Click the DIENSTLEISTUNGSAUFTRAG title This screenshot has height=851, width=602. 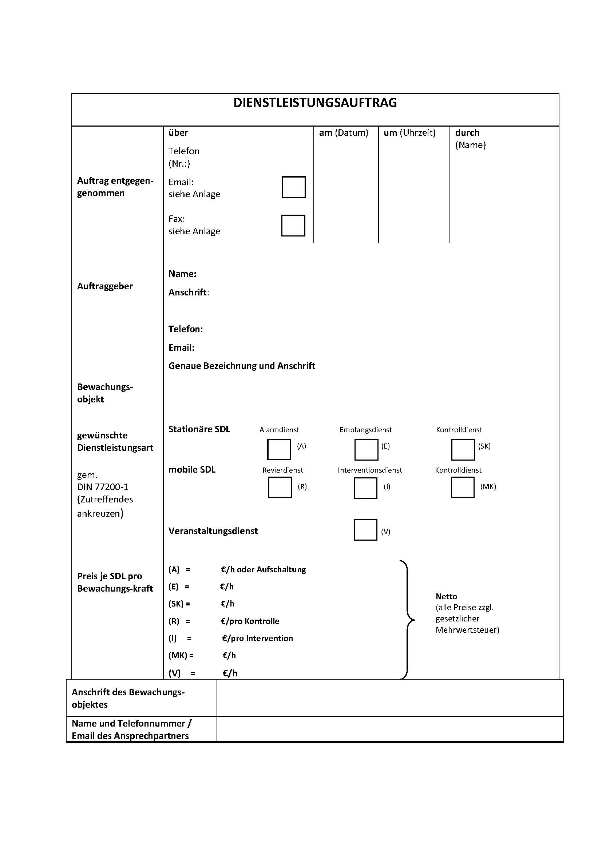[315, 103]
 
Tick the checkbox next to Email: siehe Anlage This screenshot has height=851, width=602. [293, 187]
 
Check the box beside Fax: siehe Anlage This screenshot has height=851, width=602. [293, 225]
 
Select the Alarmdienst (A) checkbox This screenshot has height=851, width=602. [279, 449]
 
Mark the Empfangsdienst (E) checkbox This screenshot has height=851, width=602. [366, 449]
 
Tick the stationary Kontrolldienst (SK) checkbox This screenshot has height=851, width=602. [463, 449]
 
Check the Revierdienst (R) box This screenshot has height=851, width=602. [280, 488]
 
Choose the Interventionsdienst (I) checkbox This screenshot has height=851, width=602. [365, 488]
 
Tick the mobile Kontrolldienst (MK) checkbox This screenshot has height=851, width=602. [462, 487]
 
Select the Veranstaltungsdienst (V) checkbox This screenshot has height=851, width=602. [365, 530]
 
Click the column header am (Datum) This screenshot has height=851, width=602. [344, 133]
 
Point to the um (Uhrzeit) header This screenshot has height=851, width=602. [409, 133]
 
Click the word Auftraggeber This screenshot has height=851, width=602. [105, 286]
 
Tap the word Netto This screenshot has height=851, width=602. [446, 596]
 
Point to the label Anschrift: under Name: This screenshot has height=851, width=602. [189, 293]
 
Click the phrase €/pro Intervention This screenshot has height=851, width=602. [257, 638]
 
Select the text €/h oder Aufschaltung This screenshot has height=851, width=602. [263, 570]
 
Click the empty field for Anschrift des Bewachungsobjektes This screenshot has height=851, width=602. [389, 698]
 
